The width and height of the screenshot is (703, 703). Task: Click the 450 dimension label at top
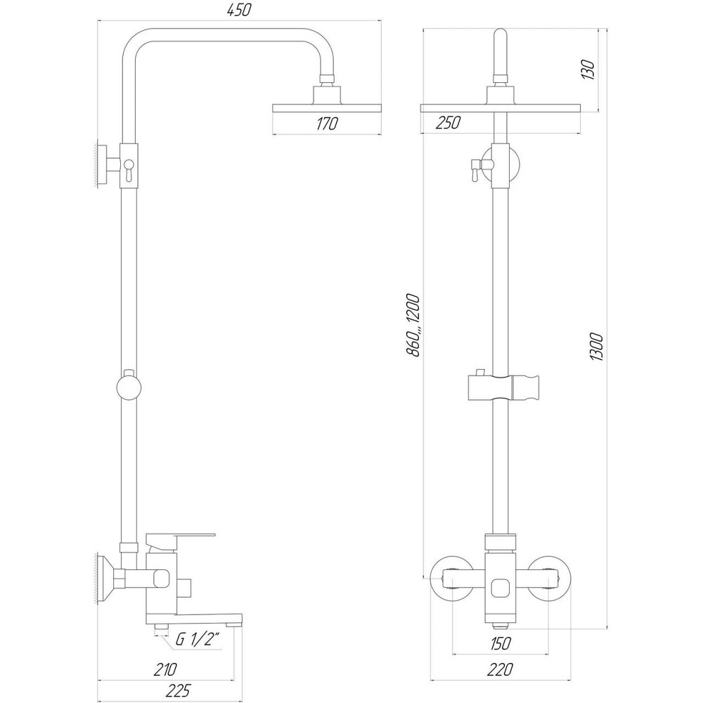[240, 10]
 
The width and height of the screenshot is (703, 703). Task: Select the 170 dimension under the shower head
[327, 124]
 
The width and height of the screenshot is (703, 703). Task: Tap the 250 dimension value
[447, 123]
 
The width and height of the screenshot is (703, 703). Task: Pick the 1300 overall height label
[597, 344]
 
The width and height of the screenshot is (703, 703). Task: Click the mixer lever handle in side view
[179, 539]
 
